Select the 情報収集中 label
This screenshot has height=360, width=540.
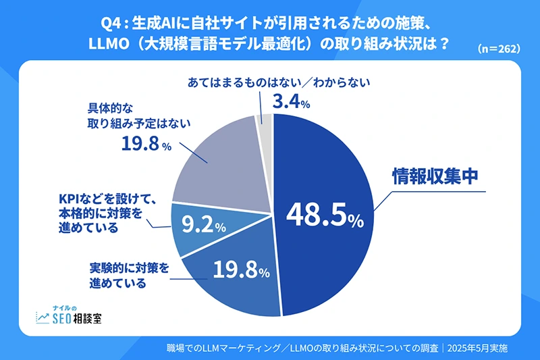435,177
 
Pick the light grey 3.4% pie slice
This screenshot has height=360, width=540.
265,122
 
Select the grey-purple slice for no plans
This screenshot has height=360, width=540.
216,165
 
